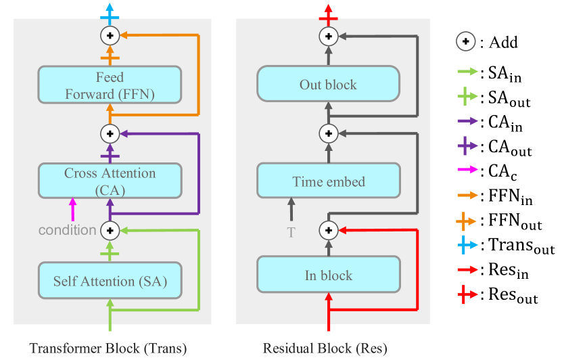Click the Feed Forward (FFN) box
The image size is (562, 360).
(110, 85)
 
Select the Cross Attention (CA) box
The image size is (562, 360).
(110, 181)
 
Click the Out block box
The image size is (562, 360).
(328, 85)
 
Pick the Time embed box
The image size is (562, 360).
(328, 181)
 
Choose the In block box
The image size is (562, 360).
(328, 275)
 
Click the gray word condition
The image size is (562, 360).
(67, 230)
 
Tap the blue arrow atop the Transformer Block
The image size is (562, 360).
(109, 12)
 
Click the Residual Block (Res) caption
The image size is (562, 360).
(325, 349)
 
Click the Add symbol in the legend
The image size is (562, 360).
(465, 42)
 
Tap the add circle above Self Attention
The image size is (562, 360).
(110, 231)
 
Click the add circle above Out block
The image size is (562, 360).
(328, 36)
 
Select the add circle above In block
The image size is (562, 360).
(328, 231)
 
